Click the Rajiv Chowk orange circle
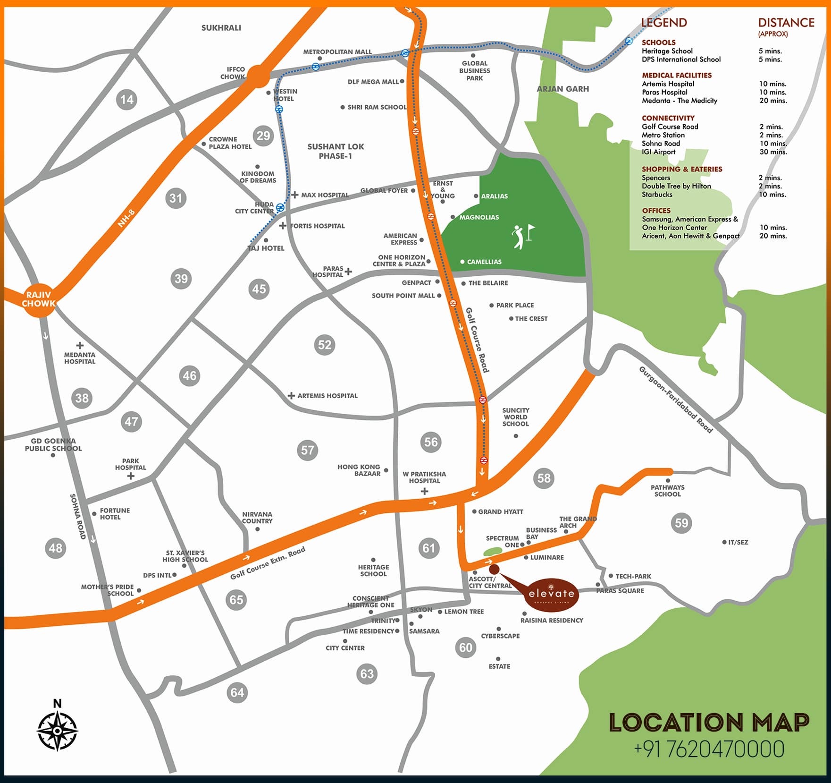pos(39,299)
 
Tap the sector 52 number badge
pos(325,345)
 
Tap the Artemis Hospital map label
pos(327,396)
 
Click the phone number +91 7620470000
pos(709,749)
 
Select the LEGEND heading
pos(663,23)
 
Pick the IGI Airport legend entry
pos(658,152)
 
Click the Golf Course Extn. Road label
pos(268,563)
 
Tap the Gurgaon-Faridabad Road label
pos(675,400)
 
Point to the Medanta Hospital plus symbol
pos(80,345)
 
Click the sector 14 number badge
pos(126,100)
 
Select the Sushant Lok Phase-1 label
pos(336,151)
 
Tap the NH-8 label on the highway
pos(126,218)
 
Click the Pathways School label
pos(667,491)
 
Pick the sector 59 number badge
pos(681,523)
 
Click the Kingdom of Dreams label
pos(258,177)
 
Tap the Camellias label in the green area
pos(484,262)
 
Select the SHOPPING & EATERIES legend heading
pos(682,169)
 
